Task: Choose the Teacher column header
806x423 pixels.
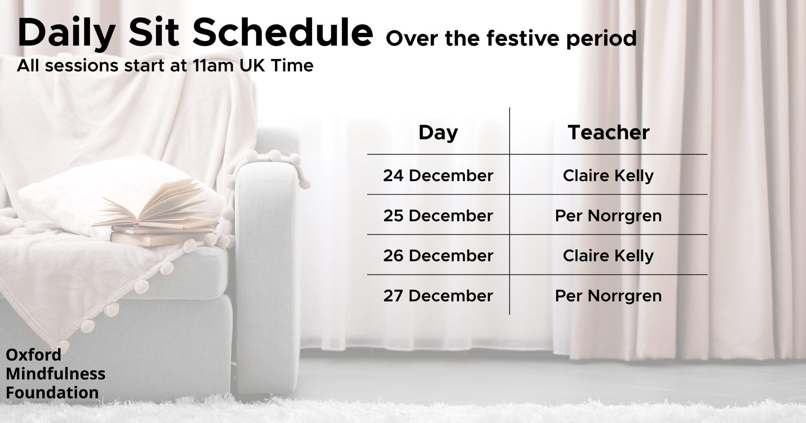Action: [608, 133]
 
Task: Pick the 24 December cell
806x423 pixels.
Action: [438, 175]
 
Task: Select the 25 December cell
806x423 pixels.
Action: [438, 216]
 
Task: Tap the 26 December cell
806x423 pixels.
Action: [438, 256]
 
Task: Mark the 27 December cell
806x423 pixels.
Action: [438, 296]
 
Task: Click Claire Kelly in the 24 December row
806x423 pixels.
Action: [608, 176]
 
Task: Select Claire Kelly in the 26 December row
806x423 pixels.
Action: [608, 256]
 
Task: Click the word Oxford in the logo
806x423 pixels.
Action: [33, 355]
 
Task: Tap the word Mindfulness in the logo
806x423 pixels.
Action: [55, 373]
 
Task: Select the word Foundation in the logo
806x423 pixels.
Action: [52, 392]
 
